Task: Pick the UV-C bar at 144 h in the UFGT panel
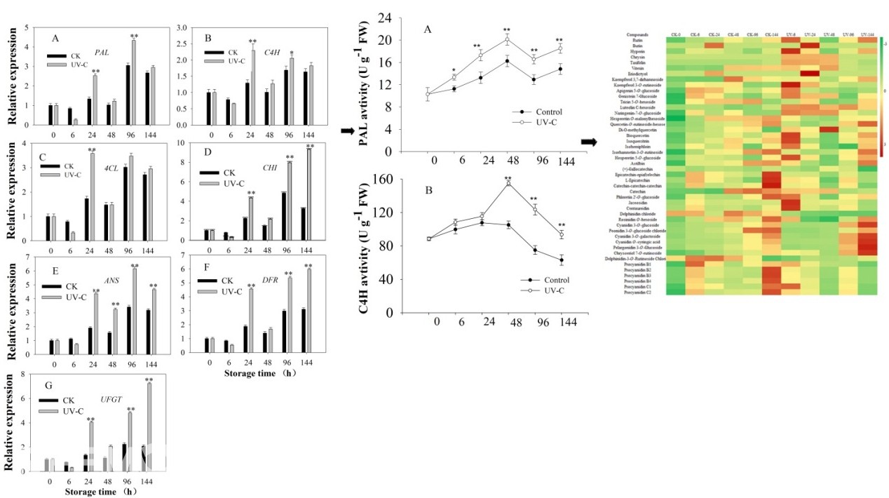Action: click(149, 426)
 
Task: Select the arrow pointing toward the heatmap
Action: click(590, 142)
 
